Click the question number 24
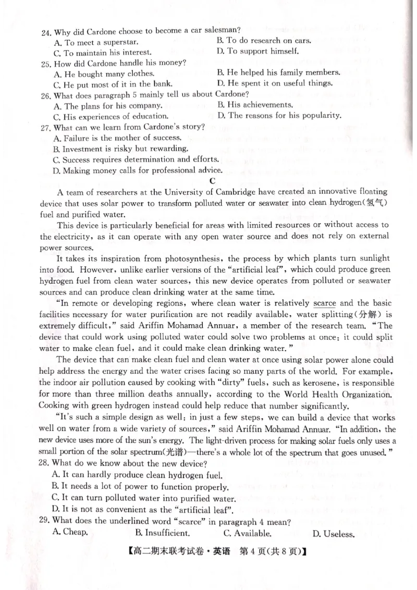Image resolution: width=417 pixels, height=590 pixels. [46, 31]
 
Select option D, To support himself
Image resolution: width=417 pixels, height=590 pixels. [257, 51]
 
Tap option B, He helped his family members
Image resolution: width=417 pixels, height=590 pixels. [278, 72]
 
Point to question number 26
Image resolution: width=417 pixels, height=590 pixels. [45, 95]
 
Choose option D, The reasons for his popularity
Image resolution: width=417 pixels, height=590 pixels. [279, 115]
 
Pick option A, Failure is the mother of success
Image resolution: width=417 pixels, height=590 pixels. [117, 138]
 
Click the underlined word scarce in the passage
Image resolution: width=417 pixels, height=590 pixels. [325, 303]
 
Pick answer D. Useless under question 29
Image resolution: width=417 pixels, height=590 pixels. [333, 533]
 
